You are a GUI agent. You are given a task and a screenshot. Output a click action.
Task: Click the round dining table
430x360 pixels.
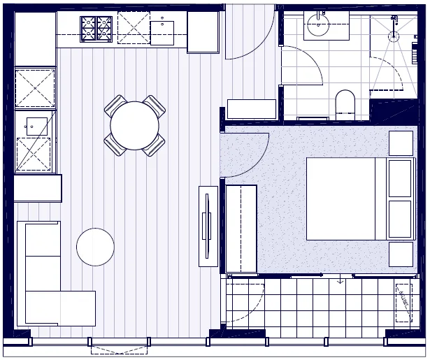(x=135, y=126)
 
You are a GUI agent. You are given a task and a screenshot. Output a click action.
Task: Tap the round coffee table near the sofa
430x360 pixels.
(x=95, y=247)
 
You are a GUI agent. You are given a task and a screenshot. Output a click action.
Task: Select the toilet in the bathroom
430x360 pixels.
(x=345, y=103)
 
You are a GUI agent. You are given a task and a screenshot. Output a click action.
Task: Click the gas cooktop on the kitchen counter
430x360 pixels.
(x=96, y=29)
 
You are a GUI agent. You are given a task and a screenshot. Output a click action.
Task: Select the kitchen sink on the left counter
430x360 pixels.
(x=36, y=126)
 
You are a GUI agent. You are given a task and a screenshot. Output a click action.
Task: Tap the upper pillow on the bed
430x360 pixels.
(x=400, y=178)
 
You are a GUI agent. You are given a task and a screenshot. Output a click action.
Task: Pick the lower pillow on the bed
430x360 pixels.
(x=400, y=219)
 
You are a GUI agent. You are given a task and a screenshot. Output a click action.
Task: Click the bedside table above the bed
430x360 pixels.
(x=401, y=143)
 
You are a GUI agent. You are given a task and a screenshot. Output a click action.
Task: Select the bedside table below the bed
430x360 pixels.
(x=401, y=254)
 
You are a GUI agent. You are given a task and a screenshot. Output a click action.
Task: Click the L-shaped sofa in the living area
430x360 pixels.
(x=49, y=280)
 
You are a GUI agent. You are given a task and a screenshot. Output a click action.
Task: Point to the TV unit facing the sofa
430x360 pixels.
(x=208, y=226)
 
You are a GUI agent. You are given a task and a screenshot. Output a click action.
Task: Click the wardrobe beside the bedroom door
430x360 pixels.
(x=241, y=229)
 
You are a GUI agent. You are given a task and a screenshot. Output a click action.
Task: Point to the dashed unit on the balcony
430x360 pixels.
(x=403, y=302)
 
